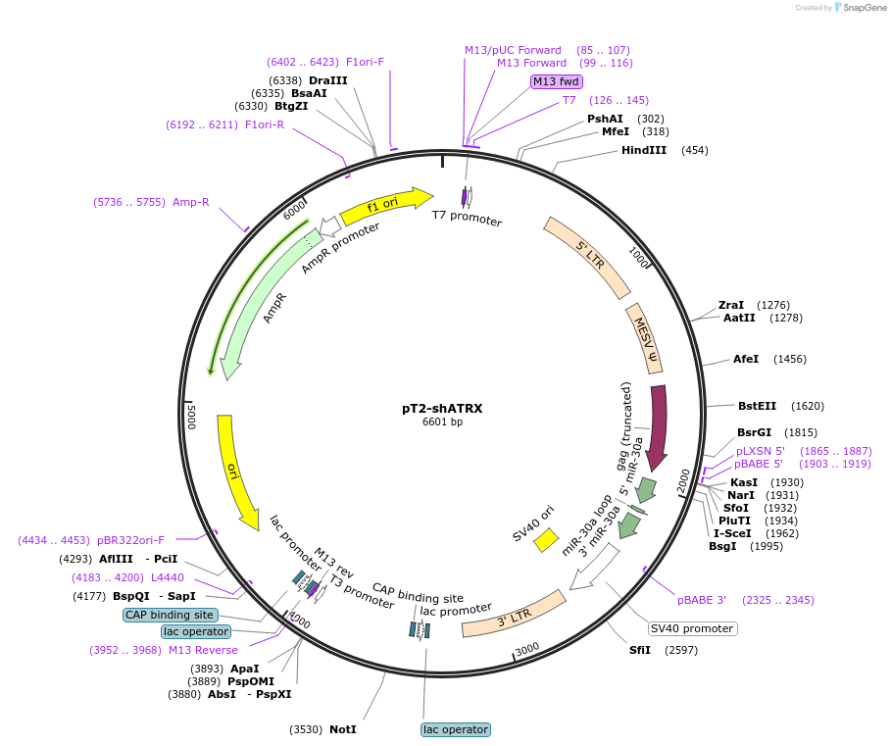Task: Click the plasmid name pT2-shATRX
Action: [x=442, y=408]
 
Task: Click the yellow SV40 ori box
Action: [x=546, y=540]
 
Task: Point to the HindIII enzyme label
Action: [x=644, y=150]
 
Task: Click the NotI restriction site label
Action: [x=342, y=729]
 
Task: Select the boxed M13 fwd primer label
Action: [x=557, y=81]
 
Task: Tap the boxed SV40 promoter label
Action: [x=692, y=628]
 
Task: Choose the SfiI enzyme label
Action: [x=640, y=650]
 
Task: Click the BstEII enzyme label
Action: [x=757, y=405]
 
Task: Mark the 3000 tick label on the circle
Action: [x=527, y=649]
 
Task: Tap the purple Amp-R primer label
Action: [x=191, y=202]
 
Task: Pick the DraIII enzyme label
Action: [x=327, y=79]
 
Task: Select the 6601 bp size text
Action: [x=442, y=423]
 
